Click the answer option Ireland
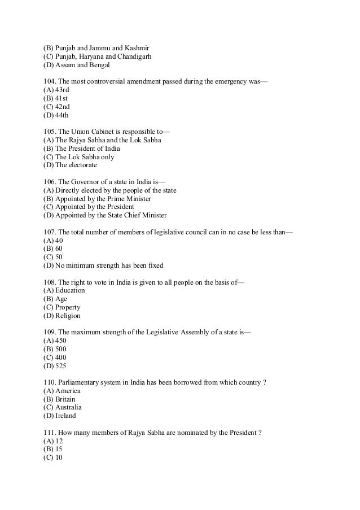click(63, 416)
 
